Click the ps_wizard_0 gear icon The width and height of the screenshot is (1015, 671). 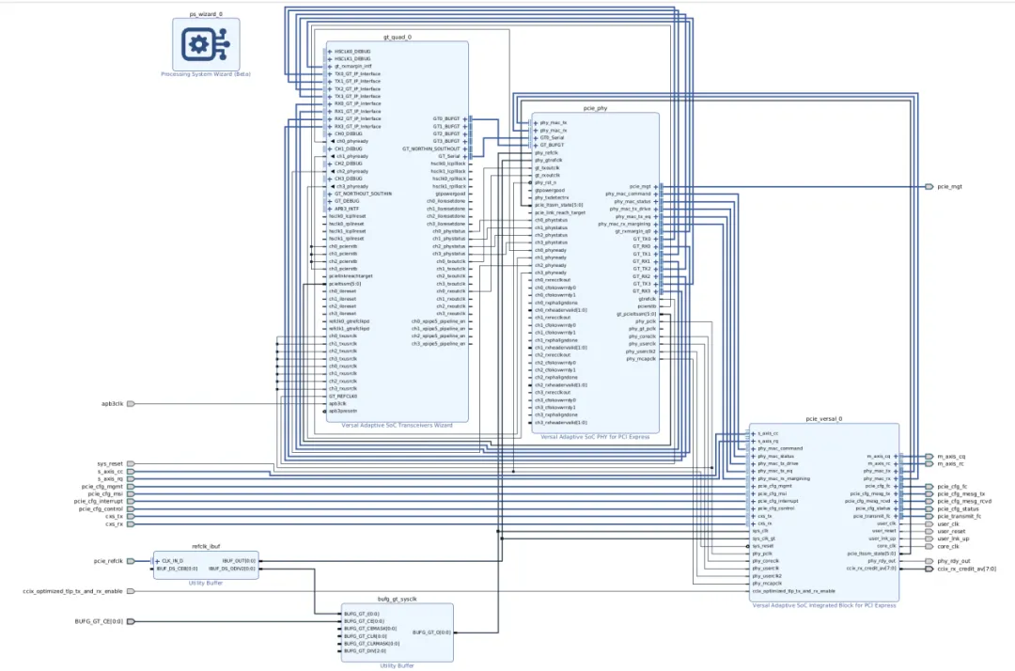click(x=199, y=44)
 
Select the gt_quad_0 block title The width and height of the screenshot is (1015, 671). click(x=397, y=38)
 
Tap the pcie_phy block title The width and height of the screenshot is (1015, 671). click(x=595, y=109)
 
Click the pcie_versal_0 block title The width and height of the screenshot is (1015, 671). click(x=823, y=419)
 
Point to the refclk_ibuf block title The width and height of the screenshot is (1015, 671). click(x=205, y=546)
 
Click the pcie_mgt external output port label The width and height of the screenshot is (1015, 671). click(x=949, y=187)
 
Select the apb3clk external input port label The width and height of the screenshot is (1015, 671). click(x=112, y=403)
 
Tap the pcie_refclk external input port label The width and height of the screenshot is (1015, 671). click(x=108, y=561)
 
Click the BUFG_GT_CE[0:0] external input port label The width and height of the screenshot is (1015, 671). click(x=99, y=621)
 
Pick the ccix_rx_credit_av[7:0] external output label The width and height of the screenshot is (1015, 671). click(x=967, y=569)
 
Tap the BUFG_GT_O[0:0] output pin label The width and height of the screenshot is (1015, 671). click(x=430, y=632)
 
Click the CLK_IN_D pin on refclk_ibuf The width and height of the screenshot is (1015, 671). click(x=172, y=561)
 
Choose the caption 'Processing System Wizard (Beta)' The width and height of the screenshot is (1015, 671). click(x=199, y=74)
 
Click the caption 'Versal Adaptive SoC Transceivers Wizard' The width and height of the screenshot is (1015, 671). click(x=397, y=425)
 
